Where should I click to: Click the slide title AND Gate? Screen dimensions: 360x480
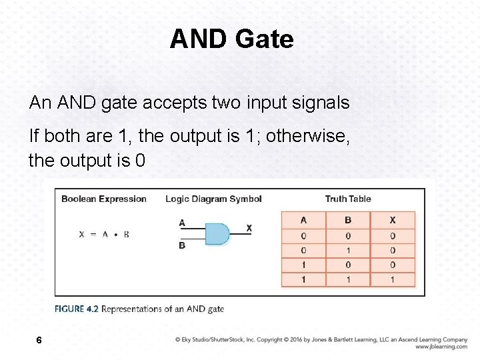[231, 39]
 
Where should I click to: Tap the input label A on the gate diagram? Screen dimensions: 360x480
[182, 223]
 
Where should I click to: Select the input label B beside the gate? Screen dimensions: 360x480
[182, 245]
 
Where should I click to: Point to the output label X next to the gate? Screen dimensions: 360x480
[249, 228]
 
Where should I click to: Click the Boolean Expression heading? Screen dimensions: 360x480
[103, 199]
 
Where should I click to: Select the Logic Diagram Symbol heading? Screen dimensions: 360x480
[213, 199]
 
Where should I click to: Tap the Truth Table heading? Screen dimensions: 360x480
[348, 199]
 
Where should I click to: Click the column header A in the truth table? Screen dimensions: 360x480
[303, 220]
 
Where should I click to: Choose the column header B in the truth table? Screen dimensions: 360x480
[347, 220]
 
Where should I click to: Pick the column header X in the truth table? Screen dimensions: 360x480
[392, 220]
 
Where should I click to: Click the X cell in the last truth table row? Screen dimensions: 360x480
[392, 279]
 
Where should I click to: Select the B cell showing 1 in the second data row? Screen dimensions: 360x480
[347, 251]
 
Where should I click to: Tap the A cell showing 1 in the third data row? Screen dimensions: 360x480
[303, 265]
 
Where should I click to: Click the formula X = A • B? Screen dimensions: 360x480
[104, 234]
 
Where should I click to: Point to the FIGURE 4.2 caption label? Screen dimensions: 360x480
[77, 309]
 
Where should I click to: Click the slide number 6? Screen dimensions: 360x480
[39, 340]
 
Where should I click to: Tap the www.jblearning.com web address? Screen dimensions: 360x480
[441, 347]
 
